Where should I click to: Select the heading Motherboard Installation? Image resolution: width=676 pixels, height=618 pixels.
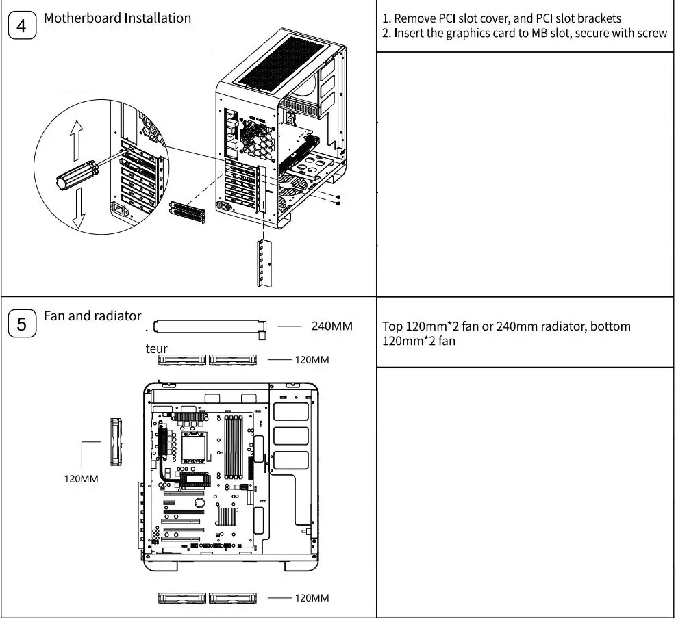point(117,18)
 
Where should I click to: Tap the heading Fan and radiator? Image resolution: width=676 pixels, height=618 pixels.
point(92,316)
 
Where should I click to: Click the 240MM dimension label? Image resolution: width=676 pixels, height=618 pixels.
point(331,326)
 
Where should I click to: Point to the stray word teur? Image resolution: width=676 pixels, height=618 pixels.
point(156,348)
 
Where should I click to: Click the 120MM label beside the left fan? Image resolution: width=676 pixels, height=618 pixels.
point(81,478)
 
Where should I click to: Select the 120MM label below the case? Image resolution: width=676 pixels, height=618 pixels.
point(312,598)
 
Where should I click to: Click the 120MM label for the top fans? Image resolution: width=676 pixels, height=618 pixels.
point(312,360)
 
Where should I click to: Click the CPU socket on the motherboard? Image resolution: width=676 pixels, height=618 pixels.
point(190,448)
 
